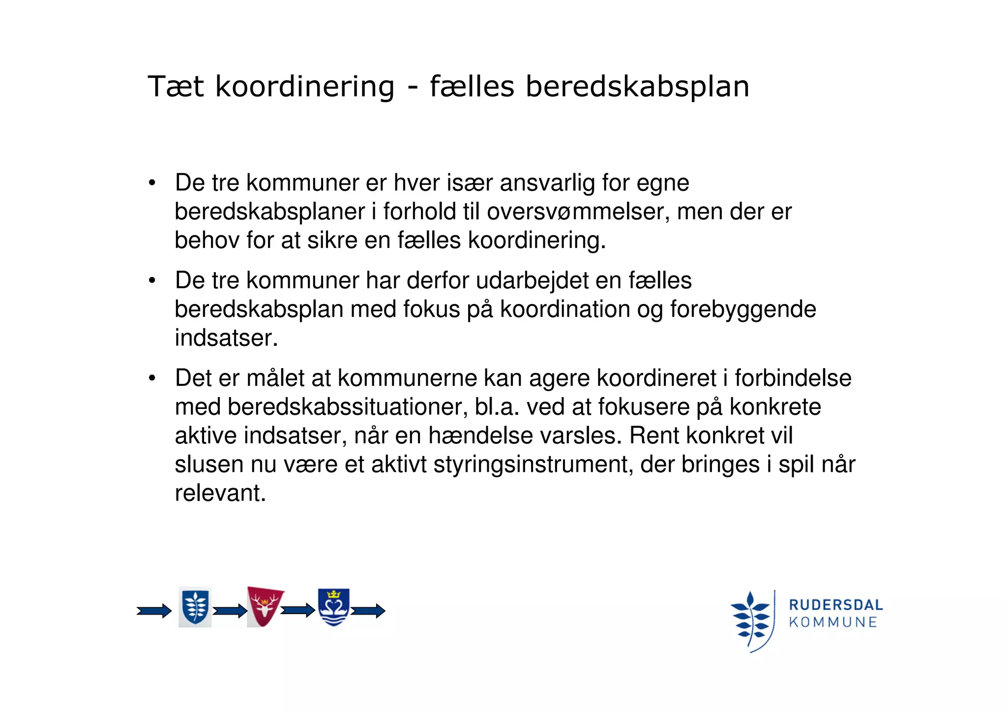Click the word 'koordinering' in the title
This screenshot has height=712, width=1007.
305,87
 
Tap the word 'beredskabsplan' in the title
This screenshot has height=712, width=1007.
637,87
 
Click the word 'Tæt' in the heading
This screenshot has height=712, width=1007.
176,87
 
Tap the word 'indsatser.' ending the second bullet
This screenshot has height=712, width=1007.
227,338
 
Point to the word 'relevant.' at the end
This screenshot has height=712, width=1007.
220,493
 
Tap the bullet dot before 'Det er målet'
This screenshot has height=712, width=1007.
152,378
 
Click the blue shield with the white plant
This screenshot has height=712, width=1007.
195,607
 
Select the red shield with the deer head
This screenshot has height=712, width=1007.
265,606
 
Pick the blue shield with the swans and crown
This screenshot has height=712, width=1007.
333,607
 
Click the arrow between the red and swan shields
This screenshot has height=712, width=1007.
298,611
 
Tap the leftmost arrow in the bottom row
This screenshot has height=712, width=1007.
154,611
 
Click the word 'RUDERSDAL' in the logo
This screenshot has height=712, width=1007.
835,605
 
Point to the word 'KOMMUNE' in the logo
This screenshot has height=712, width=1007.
833,622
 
